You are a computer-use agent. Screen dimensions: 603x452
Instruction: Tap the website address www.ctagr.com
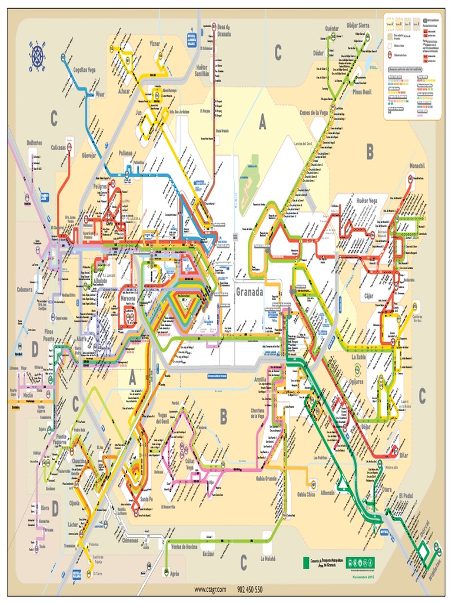click(210, 589)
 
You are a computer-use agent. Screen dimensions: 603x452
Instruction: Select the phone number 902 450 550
click(250, 589)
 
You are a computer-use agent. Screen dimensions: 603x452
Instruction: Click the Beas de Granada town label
click(224, 30)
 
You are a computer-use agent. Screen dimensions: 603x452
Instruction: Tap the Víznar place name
click(155, 43)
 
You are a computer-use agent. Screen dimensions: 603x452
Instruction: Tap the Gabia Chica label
click(306, 494)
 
